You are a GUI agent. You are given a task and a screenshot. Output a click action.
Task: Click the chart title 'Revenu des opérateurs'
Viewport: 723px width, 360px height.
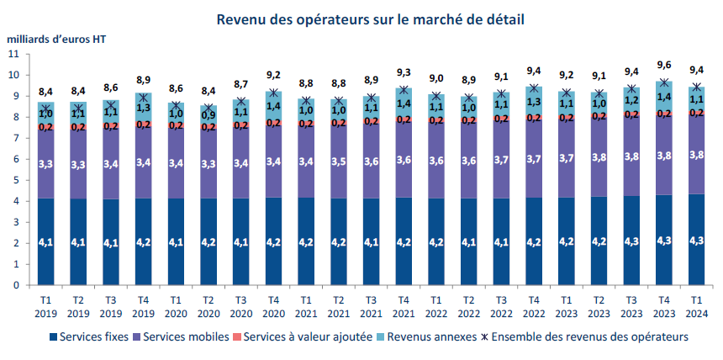[x=371, y=19]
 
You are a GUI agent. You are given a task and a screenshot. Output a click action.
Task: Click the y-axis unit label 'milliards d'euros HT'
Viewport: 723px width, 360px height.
[x=57, y=39]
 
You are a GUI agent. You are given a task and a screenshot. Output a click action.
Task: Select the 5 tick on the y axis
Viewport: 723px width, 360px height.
[x=15, y=180]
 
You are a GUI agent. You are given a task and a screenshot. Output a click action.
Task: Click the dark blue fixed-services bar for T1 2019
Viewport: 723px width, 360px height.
[x=46, y=241]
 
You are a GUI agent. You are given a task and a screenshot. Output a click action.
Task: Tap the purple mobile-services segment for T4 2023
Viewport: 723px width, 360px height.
[x=664, y=155]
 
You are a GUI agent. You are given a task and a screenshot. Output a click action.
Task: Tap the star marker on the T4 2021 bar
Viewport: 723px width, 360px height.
[x=404, y=89]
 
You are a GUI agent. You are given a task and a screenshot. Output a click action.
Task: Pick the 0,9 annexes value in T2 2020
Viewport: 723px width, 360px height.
[x=208, y=115]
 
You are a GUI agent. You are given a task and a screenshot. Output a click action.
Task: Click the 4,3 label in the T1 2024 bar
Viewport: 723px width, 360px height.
[x=696, y=241]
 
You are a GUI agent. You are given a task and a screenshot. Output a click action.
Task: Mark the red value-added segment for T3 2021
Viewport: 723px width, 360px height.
[x=372, y=122]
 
